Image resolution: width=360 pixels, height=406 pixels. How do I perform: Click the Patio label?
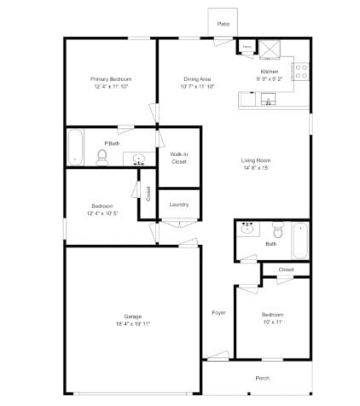click(223, 25)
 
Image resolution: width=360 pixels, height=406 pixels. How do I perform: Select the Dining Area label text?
click(196, 78)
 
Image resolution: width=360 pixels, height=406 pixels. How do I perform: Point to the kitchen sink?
click(269, 101)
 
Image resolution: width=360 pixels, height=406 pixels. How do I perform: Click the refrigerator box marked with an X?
click(270, 48)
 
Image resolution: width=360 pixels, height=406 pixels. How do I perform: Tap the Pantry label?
click(247, 48)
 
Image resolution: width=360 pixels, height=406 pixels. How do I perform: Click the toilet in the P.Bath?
click(103, 156)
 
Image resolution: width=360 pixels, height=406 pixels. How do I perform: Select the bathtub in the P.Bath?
click(75, 147)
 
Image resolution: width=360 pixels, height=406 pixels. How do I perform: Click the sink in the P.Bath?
click(138, 158)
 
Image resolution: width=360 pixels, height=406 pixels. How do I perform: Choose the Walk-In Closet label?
click(179, 157)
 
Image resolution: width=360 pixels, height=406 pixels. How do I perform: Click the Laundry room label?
click(179, 205)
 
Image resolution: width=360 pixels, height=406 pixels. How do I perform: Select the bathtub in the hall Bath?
click(300, 240)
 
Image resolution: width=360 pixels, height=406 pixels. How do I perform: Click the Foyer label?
click(218, 313)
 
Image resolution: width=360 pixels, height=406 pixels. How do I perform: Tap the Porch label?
click(263, 377)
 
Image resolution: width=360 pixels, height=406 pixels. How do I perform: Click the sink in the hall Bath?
click(248, 229)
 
